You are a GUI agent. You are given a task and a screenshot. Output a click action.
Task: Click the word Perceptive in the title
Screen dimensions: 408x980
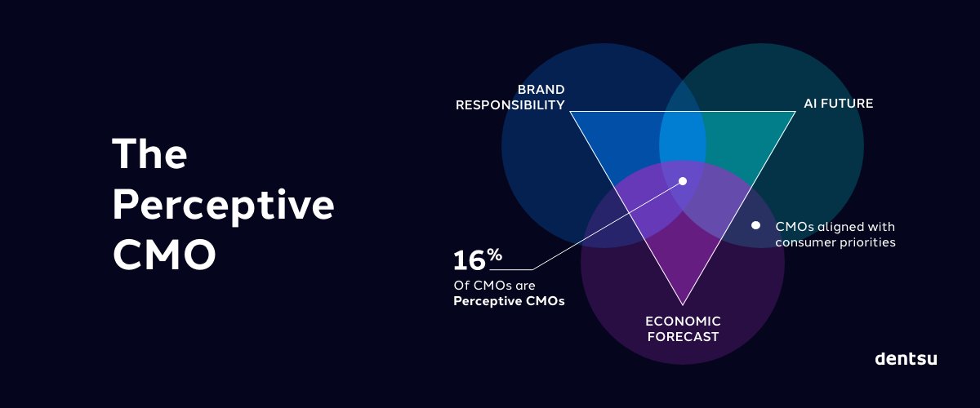pos(223,206)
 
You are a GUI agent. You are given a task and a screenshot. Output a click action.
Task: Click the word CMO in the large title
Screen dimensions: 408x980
pos(164,256)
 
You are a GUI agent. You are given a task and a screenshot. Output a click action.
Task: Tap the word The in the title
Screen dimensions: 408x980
pos(149,153)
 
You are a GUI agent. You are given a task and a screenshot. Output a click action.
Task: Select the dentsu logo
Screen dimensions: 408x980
pos(906,358)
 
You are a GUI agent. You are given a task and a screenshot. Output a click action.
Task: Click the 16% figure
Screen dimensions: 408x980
pos(478,259)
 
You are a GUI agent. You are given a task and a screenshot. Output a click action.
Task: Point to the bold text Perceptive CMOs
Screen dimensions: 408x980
pos(509,301)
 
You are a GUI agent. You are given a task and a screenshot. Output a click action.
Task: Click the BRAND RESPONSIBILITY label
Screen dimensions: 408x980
pos(510,97)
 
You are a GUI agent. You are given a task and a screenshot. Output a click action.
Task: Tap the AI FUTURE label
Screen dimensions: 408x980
pos(839,104)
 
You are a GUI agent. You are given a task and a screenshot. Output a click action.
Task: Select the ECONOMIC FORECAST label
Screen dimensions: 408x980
pos(683,329)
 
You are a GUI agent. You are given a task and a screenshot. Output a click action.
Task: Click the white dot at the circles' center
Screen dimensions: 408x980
pos(683,181)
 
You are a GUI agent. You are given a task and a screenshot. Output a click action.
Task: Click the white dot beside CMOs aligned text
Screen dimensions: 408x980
pos(755,225)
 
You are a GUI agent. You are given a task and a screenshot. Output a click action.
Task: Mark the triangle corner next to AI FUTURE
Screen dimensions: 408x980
pos(795,112)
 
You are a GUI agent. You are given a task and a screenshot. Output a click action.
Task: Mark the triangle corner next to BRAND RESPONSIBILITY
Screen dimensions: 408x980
pos(570,112)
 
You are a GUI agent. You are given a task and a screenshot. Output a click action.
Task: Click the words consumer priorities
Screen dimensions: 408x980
pos(835,242)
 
